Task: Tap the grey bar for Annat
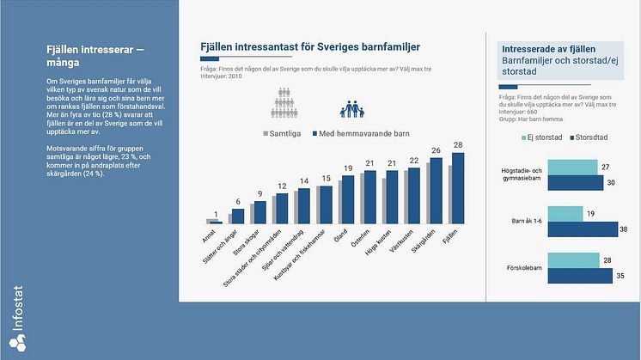(210, 220)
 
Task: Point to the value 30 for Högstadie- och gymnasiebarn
(610, 182)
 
